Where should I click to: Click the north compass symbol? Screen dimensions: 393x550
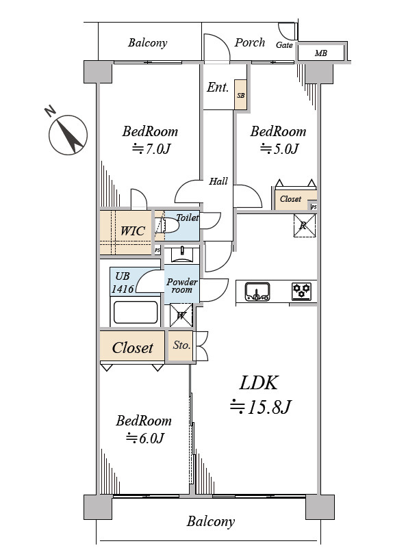pos(68,134)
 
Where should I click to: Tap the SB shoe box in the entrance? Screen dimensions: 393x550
pos(240,94)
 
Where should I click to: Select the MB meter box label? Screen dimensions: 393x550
pos(320,53)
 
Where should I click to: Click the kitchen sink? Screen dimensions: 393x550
pos(257,291)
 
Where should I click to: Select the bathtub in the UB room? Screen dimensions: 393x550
pos(135,312)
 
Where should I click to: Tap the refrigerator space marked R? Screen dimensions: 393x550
pos(305,225)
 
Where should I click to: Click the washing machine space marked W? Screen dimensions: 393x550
pos(181,315)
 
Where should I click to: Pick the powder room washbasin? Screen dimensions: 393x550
pos(182,255)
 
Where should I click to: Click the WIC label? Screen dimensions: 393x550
pos(132,231)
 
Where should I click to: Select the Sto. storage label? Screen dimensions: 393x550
pos(181,345)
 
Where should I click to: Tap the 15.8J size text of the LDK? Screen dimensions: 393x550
pos(261,406)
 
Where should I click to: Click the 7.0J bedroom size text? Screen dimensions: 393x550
pos(151,148)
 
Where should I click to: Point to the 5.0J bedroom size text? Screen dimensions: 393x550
pos(279,148)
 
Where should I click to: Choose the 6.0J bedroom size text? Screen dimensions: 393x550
pos(145,438)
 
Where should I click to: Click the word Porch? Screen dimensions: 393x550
pos(250,42)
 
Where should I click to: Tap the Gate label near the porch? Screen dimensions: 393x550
pos(284,45)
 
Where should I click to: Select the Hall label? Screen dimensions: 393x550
pos(218,181)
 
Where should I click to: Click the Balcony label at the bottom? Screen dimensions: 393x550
pos(210,521)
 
